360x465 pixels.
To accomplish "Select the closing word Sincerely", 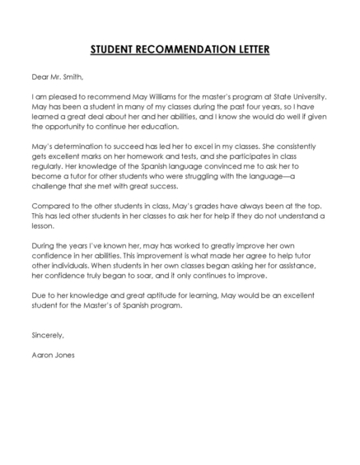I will pos(46,336).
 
